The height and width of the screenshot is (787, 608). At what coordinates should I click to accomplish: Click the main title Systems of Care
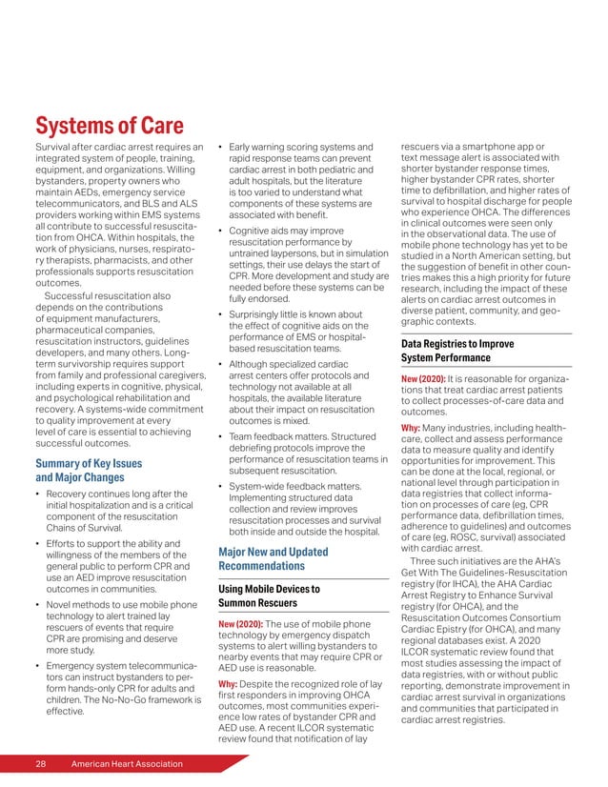tap(109, 126)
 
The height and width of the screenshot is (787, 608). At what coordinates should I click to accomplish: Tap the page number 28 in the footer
tap(42, 765)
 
